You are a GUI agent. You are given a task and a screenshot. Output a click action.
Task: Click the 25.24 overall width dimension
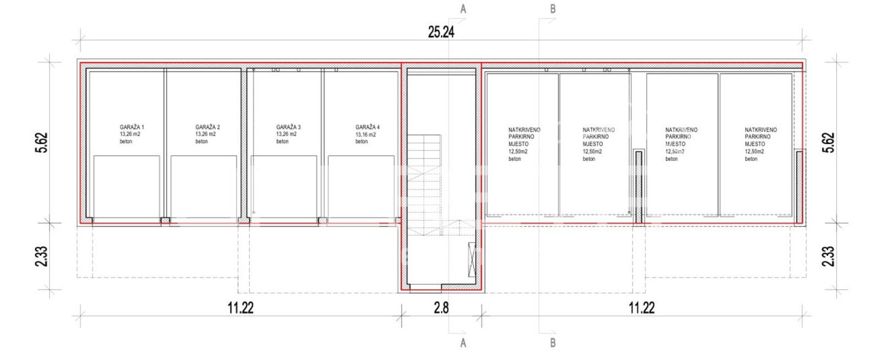point(441,32)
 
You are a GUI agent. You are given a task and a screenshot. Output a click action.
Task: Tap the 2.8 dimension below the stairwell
point(441,308)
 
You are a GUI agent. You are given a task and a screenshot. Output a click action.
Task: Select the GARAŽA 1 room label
point(132,127)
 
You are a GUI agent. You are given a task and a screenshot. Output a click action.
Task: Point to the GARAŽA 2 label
point(208,127)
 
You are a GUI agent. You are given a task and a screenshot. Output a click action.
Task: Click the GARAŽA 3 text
point(288,127)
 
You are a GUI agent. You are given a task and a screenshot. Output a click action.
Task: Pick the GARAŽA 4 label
point(367,127)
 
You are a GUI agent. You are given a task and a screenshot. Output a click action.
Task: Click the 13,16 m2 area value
point(366,135)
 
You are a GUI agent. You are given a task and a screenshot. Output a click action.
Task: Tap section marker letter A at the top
point(463,9)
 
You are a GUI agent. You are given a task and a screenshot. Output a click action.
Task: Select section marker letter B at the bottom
point(553,343)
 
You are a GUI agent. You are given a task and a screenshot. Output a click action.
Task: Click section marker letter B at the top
point(553,9)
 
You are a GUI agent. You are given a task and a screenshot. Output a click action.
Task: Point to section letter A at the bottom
point(463,343)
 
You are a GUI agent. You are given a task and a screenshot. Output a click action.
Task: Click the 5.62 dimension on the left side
point(42,143)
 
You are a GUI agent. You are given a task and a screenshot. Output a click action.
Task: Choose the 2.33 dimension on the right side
point(829,257)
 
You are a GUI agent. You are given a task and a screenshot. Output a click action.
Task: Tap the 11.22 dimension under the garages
point(241,308)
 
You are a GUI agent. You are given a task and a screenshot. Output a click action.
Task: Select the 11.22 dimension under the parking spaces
point(641,308)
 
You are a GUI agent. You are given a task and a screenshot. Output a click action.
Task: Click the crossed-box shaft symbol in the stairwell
point(472,260)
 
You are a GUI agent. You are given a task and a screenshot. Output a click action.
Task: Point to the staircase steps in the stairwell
point(424,185)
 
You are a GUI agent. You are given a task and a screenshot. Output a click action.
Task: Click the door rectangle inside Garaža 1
point(126,187)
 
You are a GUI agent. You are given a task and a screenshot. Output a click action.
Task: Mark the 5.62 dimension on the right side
point(829,143)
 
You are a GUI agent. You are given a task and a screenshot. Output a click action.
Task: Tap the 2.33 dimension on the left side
point(42,257)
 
